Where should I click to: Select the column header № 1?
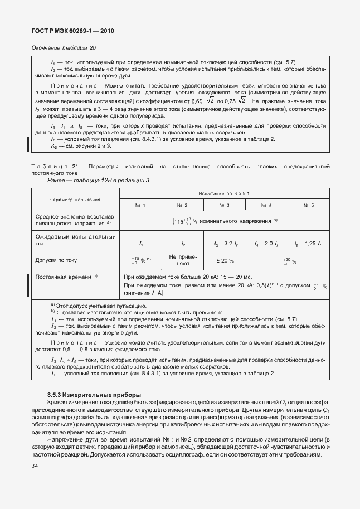coord(140,206)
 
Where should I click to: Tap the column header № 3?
coord(225,206)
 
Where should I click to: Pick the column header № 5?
coord(309,206)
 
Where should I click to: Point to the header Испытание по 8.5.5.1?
coord(225,193)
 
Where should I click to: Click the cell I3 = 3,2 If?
coord(225,244)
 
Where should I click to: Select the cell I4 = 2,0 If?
coord(266,244)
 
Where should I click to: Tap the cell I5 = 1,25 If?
coord(308,244)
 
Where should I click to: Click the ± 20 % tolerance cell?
coord(225,260)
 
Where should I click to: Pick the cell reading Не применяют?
coord(182,260)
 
